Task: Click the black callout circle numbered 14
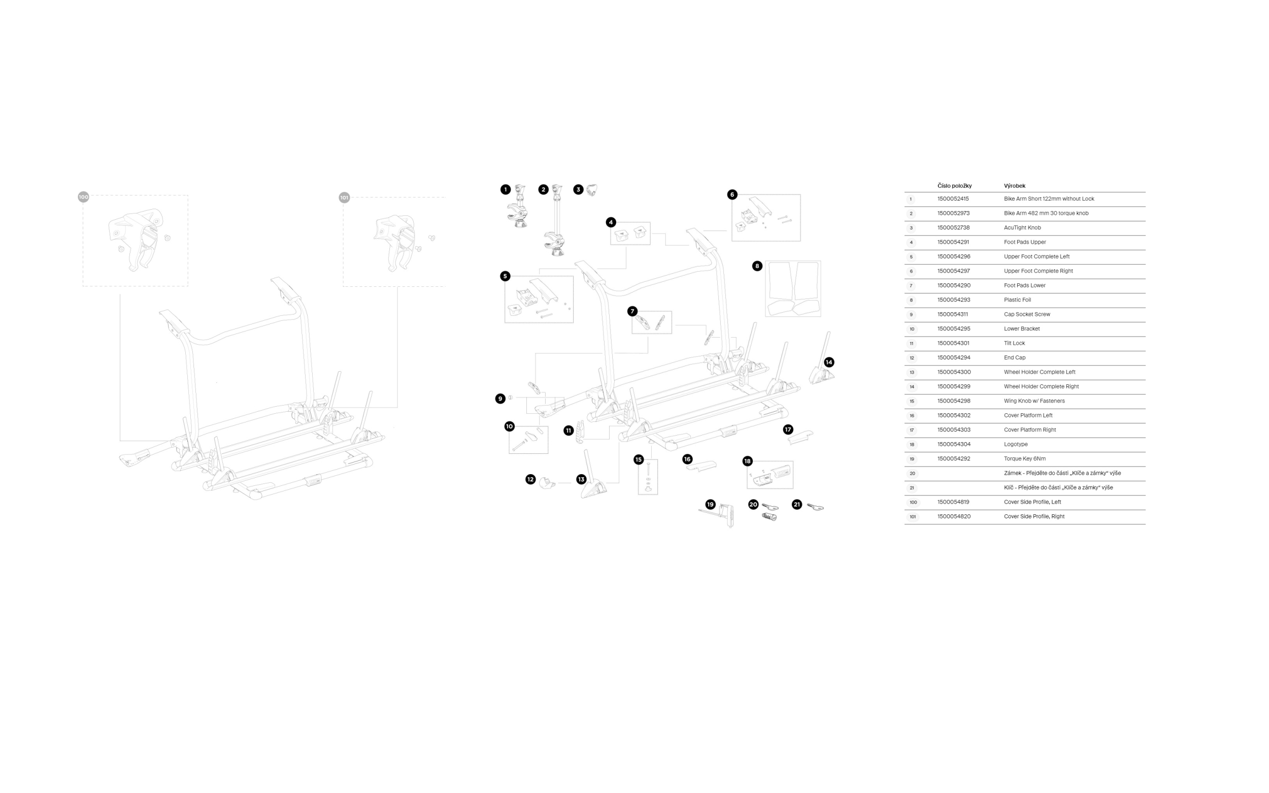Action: [828, 362]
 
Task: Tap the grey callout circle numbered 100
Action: [83, 196]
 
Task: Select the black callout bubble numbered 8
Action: [757, 266]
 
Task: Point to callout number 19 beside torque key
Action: [710, 504]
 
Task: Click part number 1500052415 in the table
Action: [953, 199]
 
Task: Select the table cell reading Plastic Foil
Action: [1017, 300]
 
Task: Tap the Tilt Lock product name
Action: [1014, 343]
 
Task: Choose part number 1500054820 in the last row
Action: [954, 516]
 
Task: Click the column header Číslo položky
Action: [954, 186]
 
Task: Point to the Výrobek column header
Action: [1014, 186]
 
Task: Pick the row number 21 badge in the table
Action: [912, 488]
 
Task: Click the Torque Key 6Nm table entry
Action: [1025, 458]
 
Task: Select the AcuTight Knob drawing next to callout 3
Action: [591, 190]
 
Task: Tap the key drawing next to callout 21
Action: [815, 507]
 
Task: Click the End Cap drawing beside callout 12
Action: [547, 482]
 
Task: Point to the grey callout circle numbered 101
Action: [344, 197]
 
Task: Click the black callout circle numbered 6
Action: [732, 194]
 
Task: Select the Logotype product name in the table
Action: [1016, 444]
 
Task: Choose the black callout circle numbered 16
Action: [687, 459]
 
